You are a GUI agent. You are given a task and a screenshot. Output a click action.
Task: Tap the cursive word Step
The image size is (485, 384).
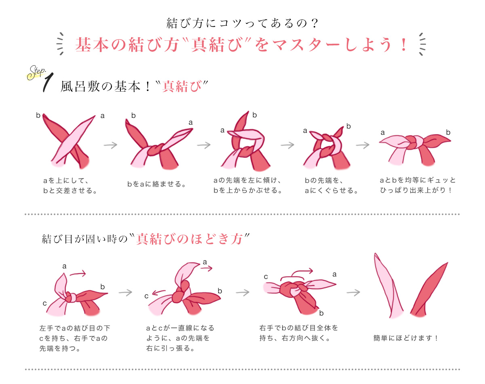[x=36, y=73]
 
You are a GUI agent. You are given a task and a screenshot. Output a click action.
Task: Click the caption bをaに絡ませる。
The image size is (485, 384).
[x=157, y=184]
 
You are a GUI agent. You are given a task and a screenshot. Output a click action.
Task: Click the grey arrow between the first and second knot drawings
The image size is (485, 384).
[x=110, y=145]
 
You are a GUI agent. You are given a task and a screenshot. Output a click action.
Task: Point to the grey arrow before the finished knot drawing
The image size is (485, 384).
[x=363, y=145]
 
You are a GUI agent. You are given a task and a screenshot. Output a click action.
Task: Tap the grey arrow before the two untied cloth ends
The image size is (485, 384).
[x=353, y=293]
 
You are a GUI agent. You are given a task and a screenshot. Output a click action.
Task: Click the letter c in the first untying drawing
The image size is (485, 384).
[x=44, y=303]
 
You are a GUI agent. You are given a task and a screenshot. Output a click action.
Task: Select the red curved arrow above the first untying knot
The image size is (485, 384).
[x=78, y=273]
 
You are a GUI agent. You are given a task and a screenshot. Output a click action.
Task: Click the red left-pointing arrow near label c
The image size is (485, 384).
[x=159, y=292]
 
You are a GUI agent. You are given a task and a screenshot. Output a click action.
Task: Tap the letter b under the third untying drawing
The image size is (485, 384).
[x=321, y=313]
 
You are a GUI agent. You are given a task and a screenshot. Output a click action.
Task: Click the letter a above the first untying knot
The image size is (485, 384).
[x=64, y=266]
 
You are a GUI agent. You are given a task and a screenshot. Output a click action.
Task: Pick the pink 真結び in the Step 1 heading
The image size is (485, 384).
[x=182, y=86]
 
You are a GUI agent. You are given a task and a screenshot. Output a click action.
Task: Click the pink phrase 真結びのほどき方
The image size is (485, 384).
[x=190, y=239]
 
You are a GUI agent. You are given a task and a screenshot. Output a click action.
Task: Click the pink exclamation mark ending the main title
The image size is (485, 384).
[x=404, y=44]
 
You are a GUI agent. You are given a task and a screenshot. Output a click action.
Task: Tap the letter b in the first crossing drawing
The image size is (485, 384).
[x=38, y=115]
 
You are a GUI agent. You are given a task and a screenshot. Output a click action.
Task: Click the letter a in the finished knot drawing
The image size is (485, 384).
[x=382, y=133]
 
